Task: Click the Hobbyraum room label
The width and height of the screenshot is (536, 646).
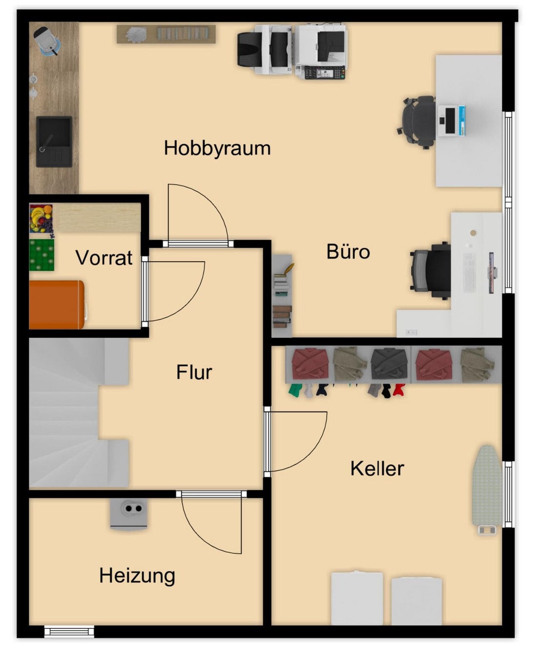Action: tap(217, 149)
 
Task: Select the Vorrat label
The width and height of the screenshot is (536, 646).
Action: tap(104, 257)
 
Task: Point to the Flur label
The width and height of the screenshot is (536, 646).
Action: tap(194, 372)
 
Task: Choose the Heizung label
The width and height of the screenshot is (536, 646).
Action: tap(137, 576)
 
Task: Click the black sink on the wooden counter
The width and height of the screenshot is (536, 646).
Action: tap(54, 141)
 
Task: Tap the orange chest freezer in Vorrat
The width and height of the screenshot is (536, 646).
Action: tap(57, 304)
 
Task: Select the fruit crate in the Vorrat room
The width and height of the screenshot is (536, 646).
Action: tap(41, 218)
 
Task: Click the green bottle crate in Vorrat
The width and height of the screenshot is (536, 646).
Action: tap(42, 254)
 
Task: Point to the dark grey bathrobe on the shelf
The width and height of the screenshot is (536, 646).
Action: tap(389, 364)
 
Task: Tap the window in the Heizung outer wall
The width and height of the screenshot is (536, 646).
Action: tap(69, 631)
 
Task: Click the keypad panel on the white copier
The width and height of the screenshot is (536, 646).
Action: tap(325, 73)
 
